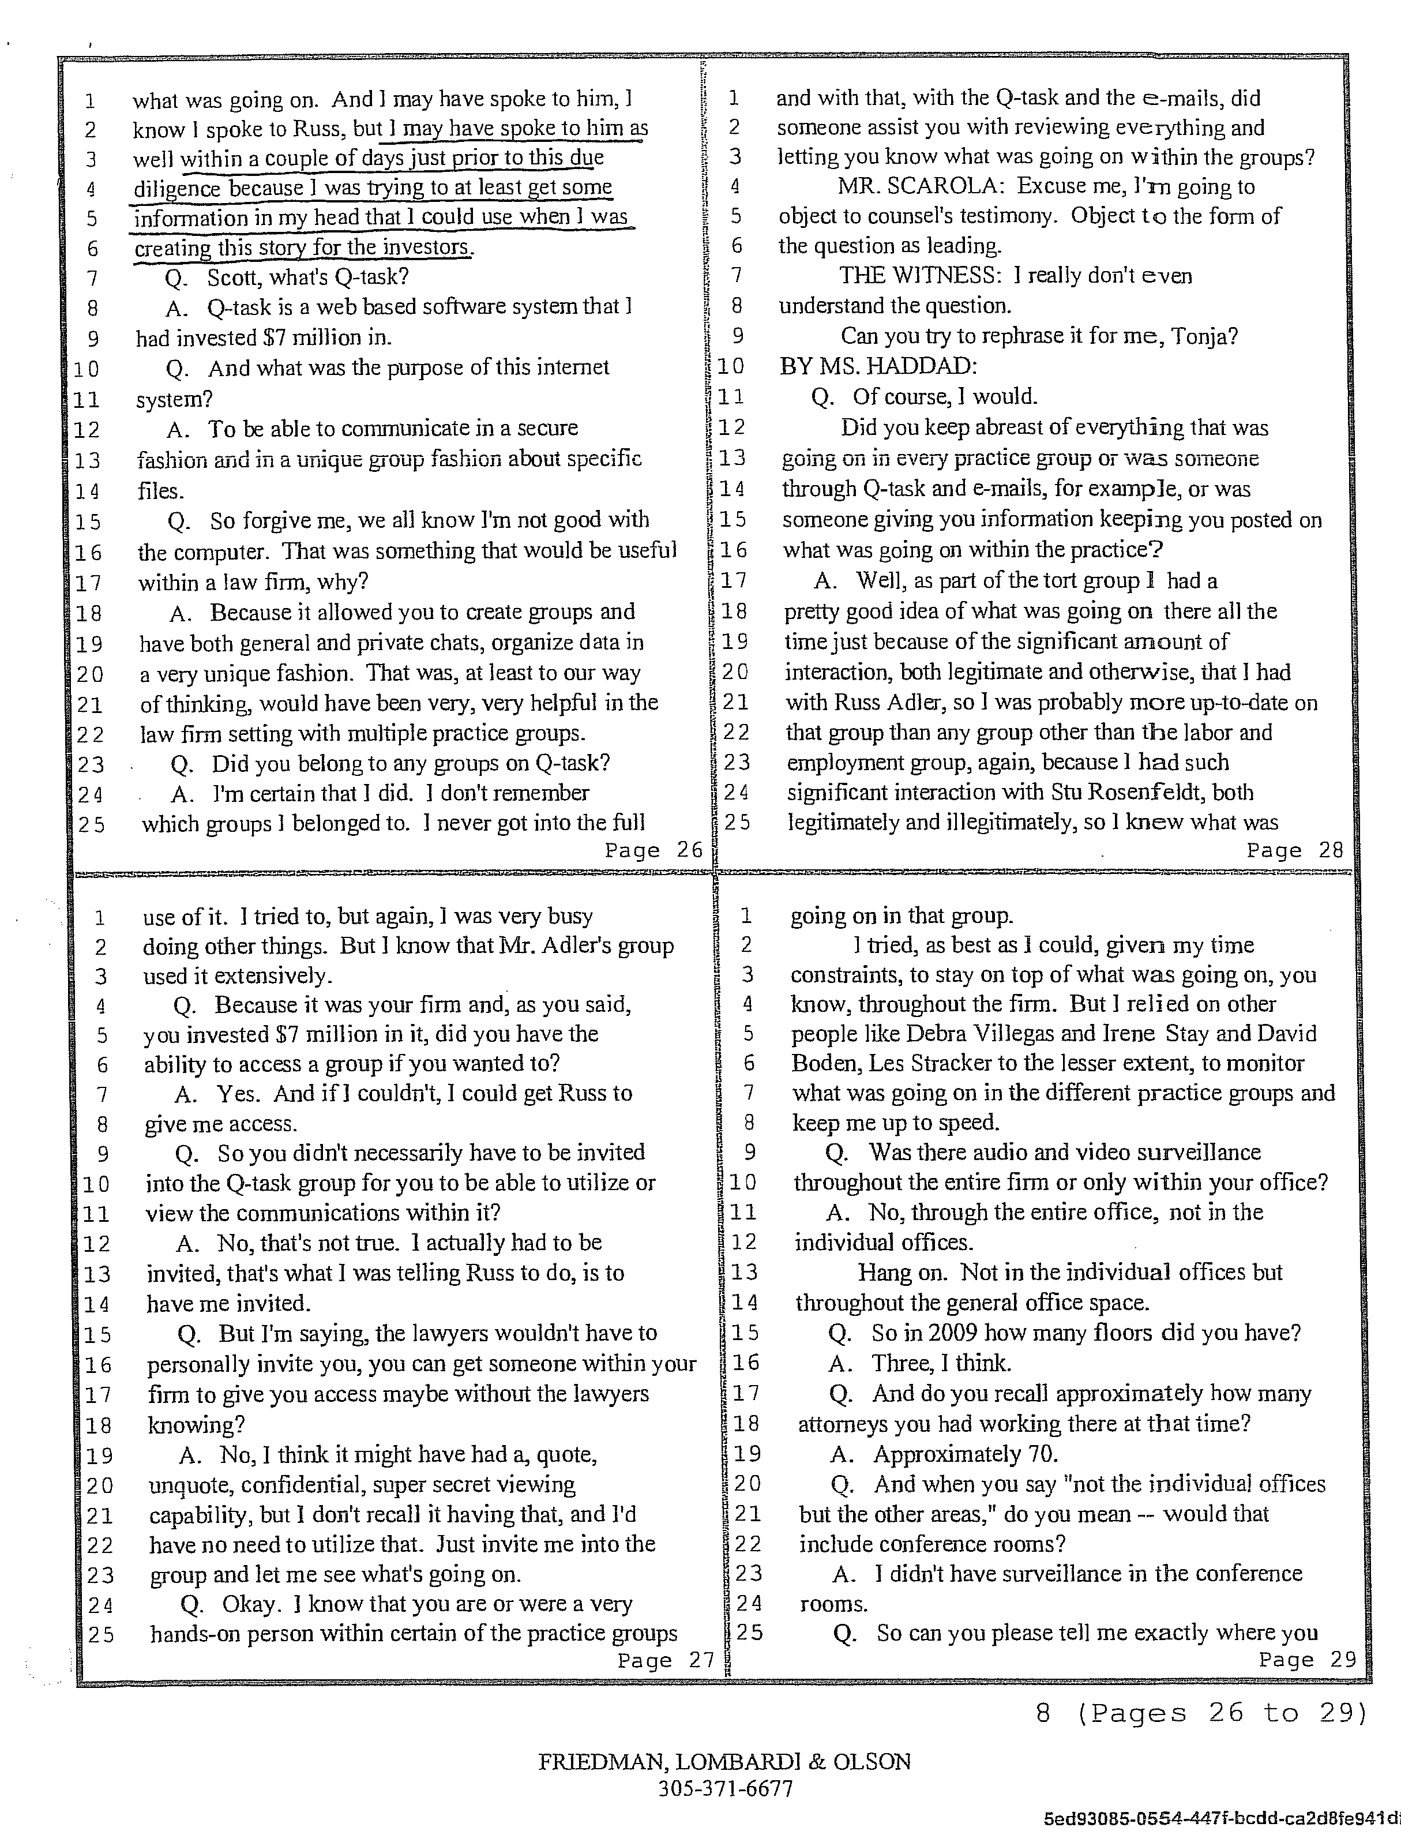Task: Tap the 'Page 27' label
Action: click(666, 1661)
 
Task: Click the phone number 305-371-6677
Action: click(725, 1788)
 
